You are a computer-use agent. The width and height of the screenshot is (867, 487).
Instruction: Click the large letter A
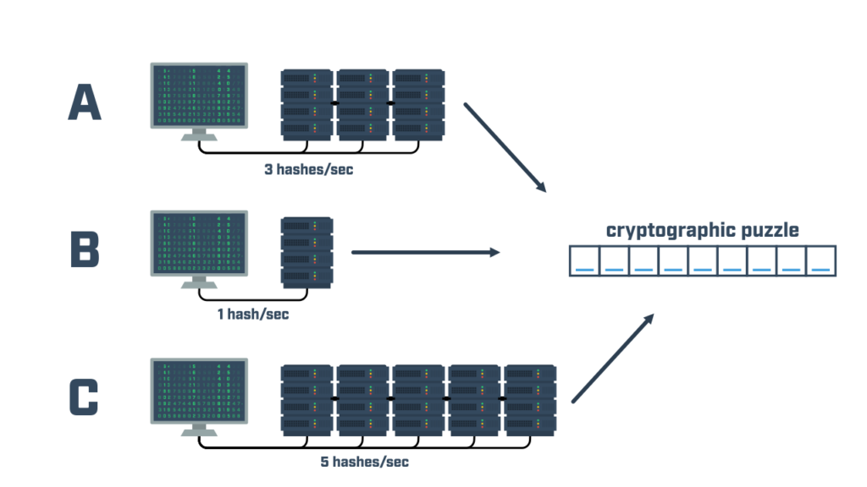pyautogui.click(x=85, y=102)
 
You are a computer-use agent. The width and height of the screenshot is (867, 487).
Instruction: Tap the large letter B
pyautogui.click(x=85, y=250)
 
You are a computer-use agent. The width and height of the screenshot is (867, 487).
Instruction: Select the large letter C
pyautogui.click(x=84, y=397)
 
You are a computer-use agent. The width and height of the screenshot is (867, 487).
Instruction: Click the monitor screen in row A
pyautogui.click(x=199, y=95)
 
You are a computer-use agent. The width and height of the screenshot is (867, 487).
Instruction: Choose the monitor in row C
pyautogui.click(x=199, y=390)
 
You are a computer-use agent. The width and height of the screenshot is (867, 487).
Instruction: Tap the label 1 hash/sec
pyautogui.click(x=252, y=315)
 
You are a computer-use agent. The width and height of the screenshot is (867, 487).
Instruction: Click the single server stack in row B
pyautogui.click(x=307, y=250)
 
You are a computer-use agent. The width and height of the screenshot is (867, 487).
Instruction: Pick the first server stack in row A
pyautogui.click(x=307, y=104)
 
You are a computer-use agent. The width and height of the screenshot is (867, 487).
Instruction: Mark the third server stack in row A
pyautogui.click(x=418, y=104)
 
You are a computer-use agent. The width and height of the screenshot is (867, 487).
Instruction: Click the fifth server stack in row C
pyautogui.click(x=529, y=398)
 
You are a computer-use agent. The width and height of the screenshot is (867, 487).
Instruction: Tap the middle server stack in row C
pyautogui.click(x=418, y=398)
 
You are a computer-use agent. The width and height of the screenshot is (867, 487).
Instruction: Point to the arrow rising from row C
pyautogui.click(x=614, y=357)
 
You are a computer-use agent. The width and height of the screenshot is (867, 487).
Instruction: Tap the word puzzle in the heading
pyautogui.click(x=768, y=230)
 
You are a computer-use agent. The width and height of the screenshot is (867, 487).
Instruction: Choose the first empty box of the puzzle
pyautogui.click(x=584, y=261)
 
